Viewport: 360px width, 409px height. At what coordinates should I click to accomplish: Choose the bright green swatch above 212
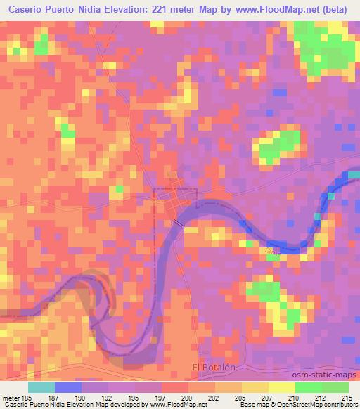[x=308, y=387]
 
